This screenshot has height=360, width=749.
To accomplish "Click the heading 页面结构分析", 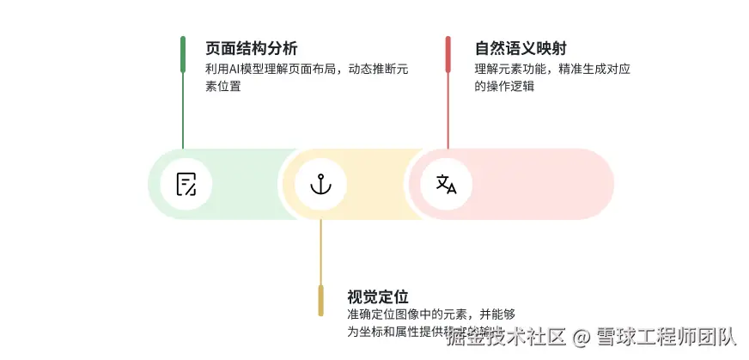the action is click(x=252, y=48).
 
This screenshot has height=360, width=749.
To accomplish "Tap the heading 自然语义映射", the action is click(x=520, y=48).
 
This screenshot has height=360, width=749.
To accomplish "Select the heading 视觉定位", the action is click(x=377, y=297).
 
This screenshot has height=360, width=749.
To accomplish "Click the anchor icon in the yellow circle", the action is click(x=320, y=184).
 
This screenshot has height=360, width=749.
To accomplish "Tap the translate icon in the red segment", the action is click(x=447, y=184).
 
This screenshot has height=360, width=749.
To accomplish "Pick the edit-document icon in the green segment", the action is click(x=186, y=184).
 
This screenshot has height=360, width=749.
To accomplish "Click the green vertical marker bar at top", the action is click(x=183, y=54).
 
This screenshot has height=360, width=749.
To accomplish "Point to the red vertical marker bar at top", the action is click(x=448, y=54).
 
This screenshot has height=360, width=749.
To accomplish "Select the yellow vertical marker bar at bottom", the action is click(x=320, y=299).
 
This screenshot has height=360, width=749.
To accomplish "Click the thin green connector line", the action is click(x=183, y=112).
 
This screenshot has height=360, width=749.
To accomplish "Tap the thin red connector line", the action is click(x=448, y=112).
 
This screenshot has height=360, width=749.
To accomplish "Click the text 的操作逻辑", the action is click(x=504, y=86).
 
